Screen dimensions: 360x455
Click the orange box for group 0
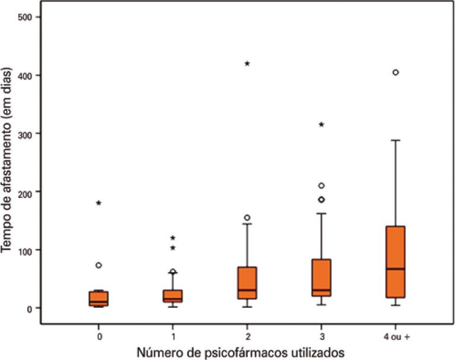point(99,298)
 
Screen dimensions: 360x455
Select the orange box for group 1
point(173,296)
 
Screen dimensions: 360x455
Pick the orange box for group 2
point(247,283)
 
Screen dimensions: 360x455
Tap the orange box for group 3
point(321,278)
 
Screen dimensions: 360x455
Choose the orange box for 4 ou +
point(395,262)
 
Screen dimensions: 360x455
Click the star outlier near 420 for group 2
point(247,63)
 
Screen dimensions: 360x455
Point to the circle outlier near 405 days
point(395,72)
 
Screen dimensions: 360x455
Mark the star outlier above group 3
point(321,125)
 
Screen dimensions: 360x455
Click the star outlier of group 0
point(99,203)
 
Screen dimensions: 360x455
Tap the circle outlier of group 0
point(99,265)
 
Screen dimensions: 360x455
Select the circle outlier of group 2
point(247,218)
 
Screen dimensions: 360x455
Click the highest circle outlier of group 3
point(321,186)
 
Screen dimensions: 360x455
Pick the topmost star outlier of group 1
point(173,238)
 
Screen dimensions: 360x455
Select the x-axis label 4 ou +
point(395,336)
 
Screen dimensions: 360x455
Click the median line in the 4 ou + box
point(395,269)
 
